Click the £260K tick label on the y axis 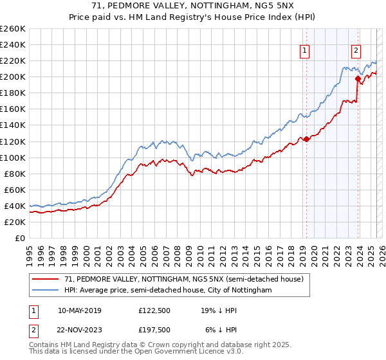pyautogui.click(x=13, y=29)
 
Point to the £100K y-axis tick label pyautogui.click(x=13, y=157)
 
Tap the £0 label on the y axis pyautogui.click(x=21, y=238)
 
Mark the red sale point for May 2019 pyautogui.click(x=306, y=139)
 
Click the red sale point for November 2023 pyautogui.click(x=358, y=78)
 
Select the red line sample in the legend pyautogui.click(x=46, y=279)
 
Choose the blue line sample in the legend pyautogui.click(x=46, y=291)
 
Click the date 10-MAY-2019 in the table pyautogui.click(x=79, y=310)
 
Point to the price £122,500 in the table pyautogui.click(x=155, y=310)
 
